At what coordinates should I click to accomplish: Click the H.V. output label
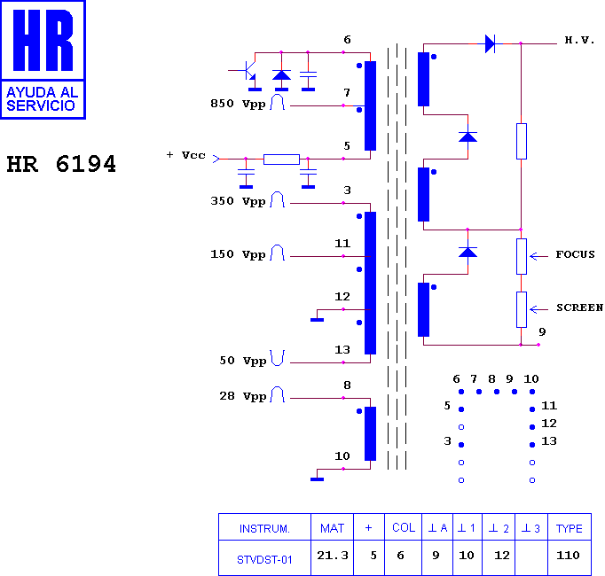pos(579,40)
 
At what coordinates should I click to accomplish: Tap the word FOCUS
pos(576,254)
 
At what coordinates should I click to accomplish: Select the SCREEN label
pos(579,307)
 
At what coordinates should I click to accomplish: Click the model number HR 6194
pos(61,164)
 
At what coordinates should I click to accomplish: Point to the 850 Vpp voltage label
pos(238,104)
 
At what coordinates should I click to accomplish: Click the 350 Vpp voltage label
pos(238,202)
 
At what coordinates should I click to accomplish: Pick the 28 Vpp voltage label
pos(243,396)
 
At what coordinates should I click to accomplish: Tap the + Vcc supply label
pos(186,155)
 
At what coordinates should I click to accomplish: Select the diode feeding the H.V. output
pos(491,43)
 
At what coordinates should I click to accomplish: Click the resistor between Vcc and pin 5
pos(281,160)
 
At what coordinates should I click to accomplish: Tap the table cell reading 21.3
pos(333,556)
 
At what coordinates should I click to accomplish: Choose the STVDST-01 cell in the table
pos(264,560)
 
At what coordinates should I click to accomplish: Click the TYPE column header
pos(570,528)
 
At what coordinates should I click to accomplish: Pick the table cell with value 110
pos(568,556)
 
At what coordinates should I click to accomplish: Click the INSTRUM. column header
pos(264,528)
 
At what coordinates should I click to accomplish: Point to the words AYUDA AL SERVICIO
pos(43,99)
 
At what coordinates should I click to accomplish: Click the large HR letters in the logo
pos(43,40)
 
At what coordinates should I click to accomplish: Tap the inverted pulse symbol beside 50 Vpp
pos(278,358)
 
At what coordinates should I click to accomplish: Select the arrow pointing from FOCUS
pos(538,256)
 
